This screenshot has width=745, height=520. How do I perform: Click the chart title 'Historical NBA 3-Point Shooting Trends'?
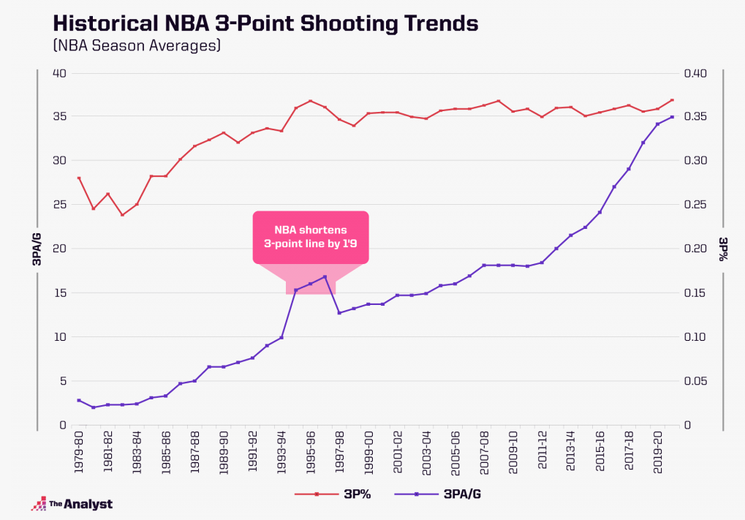click(266, 23)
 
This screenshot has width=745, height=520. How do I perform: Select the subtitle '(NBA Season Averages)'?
click(137, 46)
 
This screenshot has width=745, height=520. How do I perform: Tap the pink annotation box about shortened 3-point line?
click(311, 237)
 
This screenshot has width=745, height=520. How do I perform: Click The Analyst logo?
click(72, 503)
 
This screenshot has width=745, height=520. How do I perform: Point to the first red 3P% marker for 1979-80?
click(79, 178)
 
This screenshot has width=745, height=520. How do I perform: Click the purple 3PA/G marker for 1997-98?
click(339, 313)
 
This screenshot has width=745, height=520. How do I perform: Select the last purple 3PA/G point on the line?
click(672, 117)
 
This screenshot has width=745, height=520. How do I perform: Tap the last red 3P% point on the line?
click(672, 100)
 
